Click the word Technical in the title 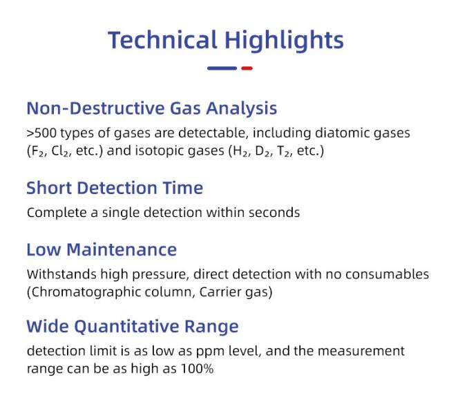click(162, 39)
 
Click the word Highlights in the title click(284, 41)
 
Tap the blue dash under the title click(222, 68)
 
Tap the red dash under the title click(247, 68)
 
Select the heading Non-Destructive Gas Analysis click(152, 109)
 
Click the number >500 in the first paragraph click(41, 133)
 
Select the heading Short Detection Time click(115, 188)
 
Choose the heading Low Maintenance click(102, 250)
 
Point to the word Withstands click(61, 274)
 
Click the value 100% click(198, 369)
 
